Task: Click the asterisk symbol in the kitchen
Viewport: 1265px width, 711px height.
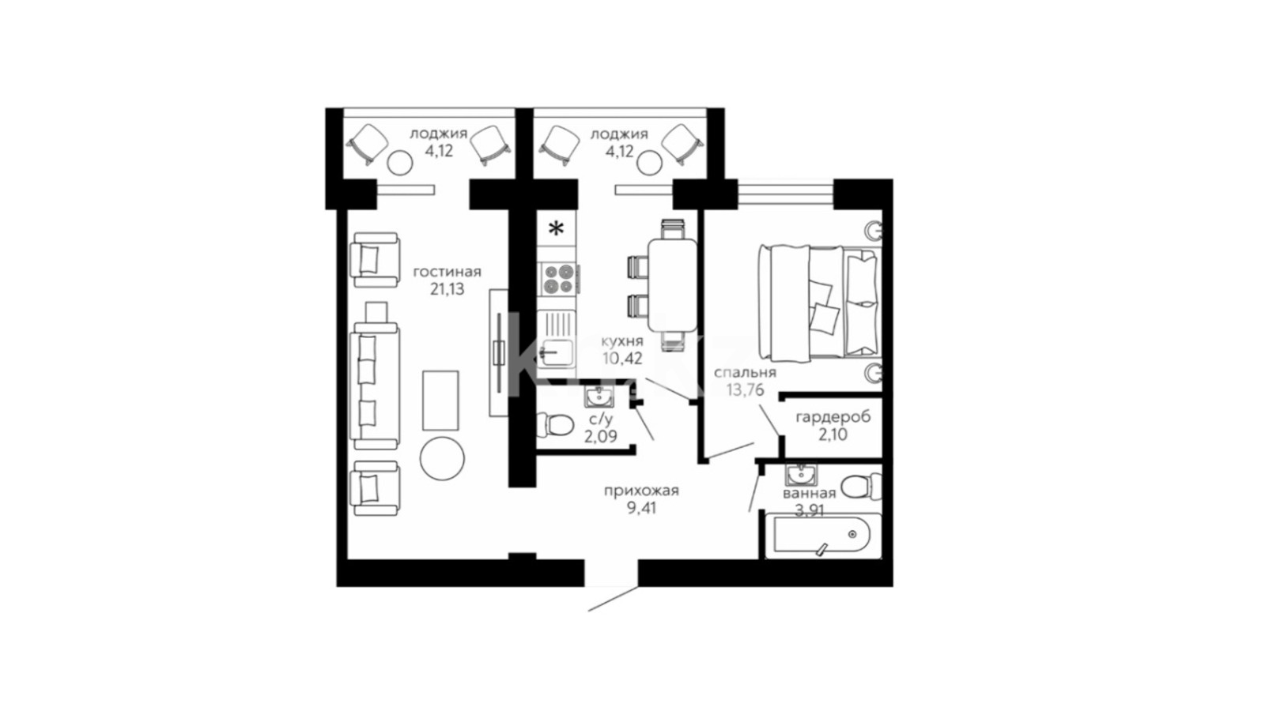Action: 557,228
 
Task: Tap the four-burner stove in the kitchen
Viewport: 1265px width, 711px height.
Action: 558,280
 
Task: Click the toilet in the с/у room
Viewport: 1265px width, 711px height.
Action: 554,424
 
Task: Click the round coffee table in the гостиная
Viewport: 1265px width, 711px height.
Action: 442,458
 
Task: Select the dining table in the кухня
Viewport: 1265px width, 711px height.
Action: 673,285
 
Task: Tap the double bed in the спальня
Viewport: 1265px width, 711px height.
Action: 821,303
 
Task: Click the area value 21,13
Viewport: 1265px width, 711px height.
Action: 447,289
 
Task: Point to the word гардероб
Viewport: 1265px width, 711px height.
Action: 833,418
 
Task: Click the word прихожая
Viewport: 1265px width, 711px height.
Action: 641,491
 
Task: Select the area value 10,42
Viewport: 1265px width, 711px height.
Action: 621,359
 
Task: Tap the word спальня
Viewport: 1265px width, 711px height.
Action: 745,373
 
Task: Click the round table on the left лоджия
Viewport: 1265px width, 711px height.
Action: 400,163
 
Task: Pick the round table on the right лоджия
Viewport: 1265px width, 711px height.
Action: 649,163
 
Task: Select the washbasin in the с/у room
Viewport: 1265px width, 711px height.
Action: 599,397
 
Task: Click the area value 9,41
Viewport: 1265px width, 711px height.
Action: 641,509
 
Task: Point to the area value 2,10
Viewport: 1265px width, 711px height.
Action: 833,434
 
